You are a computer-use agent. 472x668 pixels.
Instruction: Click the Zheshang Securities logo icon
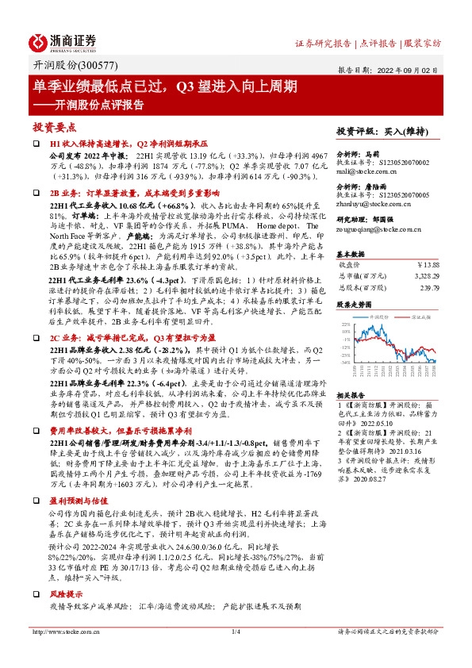39,42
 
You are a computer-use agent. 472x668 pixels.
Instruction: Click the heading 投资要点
55,127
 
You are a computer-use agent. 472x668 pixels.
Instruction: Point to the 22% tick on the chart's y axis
345,324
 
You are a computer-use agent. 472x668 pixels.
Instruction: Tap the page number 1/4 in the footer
236,632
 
